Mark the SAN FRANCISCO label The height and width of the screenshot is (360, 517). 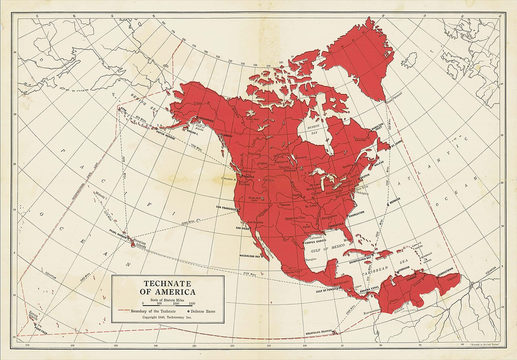pyautogui.click(x=227, y=207)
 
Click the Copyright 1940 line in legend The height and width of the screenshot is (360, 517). pyautogui.click(x=167, y=317)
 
